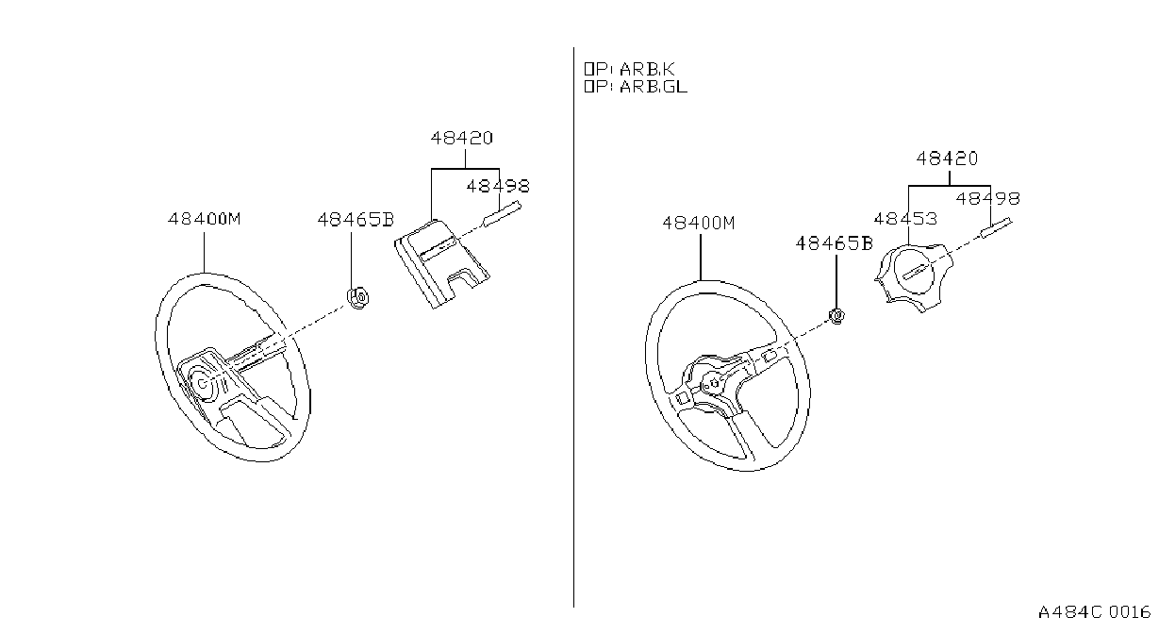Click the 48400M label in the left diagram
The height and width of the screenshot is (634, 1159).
point(205,219)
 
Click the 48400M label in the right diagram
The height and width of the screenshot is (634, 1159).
point(699,223)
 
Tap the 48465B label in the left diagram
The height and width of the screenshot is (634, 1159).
point(356,220)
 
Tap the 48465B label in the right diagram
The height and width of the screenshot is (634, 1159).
point(834,243)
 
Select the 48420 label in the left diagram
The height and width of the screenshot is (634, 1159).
point(462,138)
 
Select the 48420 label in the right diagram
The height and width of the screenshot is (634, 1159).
point(948,158)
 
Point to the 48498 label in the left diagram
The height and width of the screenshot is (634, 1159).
point(498,186)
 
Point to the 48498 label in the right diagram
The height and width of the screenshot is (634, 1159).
point(987,199)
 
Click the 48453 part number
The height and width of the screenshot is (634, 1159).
point(905,219)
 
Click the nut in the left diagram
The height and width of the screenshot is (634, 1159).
point(357,298)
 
